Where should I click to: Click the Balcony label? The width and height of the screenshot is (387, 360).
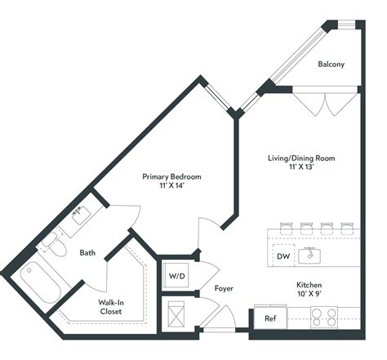pyautogui.click(x=330, y=64)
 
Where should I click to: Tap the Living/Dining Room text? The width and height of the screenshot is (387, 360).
pyautogui.click(x=302, y=158)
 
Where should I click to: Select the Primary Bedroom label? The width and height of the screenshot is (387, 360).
pyautogui.click(x=171, y=176)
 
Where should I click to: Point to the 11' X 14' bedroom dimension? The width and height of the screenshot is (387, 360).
pyautogui.click(x=171, y=187)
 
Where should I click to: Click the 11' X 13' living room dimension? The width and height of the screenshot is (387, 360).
pyautogui.click(x=302, y=168)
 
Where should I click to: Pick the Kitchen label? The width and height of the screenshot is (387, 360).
pyautogui.click(x=314, y=286)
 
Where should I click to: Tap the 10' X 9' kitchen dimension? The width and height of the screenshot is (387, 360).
pyautogui.click(x=314, y=296)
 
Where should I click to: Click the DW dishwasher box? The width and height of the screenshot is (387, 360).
pyautogui.click(x=283, y=256)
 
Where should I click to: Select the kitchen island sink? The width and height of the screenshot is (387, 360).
pyautogui.click(x=310, y=256)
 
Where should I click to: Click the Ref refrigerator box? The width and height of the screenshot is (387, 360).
pyautogui.click(x=270, y=318)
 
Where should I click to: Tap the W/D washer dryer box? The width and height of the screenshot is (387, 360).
pyautogui.click(x=177, y=276)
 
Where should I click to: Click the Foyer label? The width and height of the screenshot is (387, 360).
pyautogui.click(x=224, y=288)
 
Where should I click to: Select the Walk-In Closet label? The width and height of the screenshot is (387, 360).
pyautogui.click(x=112, y=307)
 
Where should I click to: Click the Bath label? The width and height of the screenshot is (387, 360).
pyautogui.click(x=87, y=253)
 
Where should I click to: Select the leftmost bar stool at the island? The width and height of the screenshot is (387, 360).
pyautogui.click(x=286, y=226)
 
